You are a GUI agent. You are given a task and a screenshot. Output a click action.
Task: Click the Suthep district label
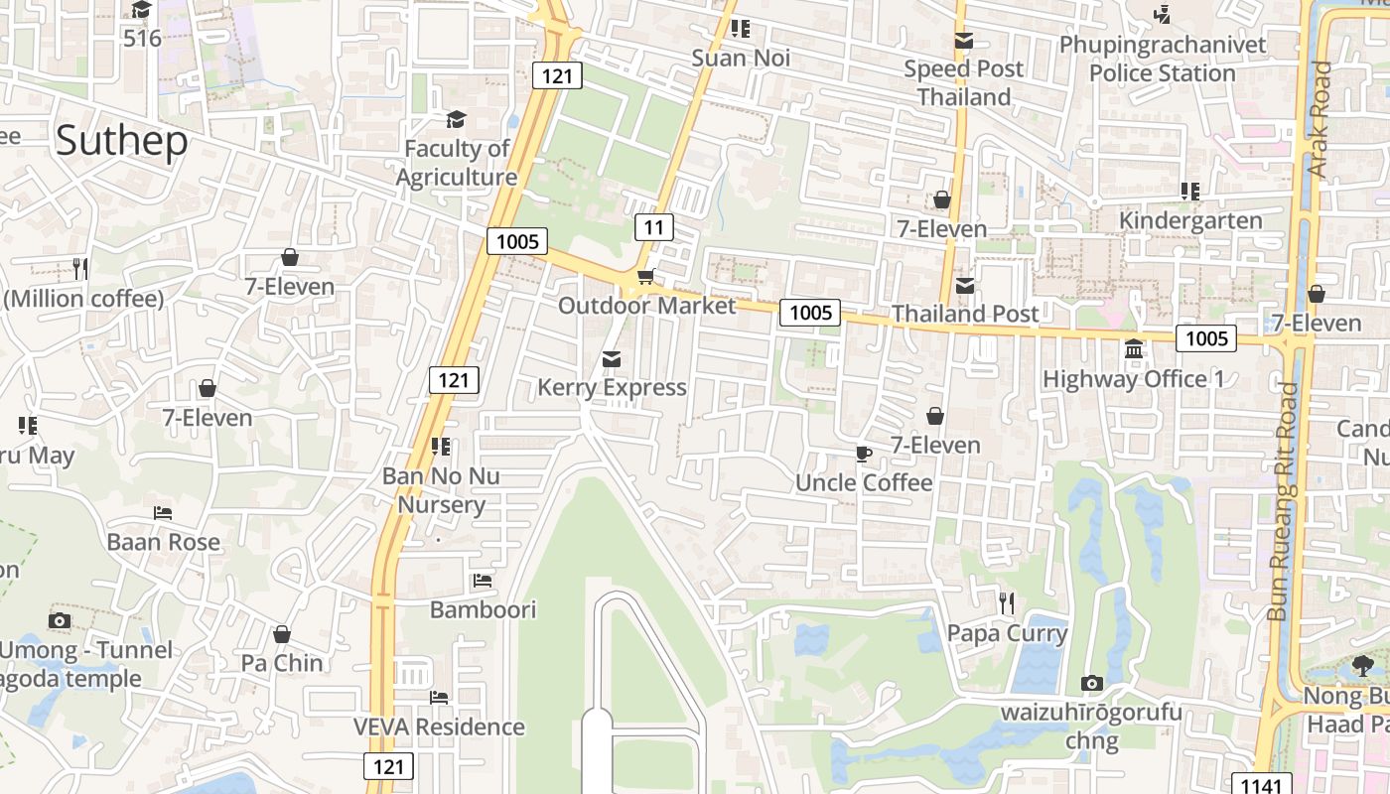[121, 141]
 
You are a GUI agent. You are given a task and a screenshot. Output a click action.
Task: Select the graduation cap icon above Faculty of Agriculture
[456, 120]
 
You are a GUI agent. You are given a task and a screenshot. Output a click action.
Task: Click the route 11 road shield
[653, 227]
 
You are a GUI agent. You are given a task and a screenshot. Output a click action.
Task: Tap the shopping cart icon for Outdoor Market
[645, 277]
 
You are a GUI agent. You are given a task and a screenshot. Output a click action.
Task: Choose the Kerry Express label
[612, 387]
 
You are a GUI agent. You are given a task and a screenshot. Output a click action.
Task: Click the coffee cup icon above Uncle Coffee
[864, 454]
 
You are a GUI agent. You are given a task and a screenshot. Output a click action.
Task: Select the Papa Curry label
[1007, 633]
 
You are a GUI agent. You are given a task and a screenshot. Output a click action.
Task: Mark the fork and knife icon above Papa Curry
[1007, 602]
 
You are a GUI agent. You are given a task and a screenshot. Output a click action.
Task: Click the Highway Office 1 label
[1133, 379]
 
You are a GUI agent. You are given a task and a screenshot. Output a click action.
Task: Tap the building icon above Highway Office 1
[1134, 349]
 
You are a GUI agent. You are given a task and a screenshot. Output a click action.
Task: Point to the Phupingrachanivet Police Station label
[1163, 59]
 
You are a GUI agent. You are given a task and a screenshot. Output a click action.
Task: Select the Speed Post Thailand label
[963, 82]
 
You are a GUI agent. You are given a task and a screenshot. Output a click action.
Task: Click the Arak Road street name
[1320, 119]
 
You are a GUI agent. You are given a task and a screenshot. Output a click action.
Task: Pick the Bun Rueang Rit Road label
[1284, 501]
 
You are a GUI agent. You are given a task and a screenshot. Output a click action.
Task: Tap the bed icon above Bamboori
[483, 580]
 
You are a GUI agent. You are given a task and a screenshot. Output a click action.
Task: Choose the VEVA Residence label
[439, 727]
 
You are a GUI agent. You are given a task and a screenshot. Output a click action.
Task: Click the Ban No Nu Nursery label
[441, 490]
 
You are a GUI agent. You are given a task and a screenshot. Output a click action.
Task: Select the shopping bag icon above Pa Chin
[282, 634]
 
